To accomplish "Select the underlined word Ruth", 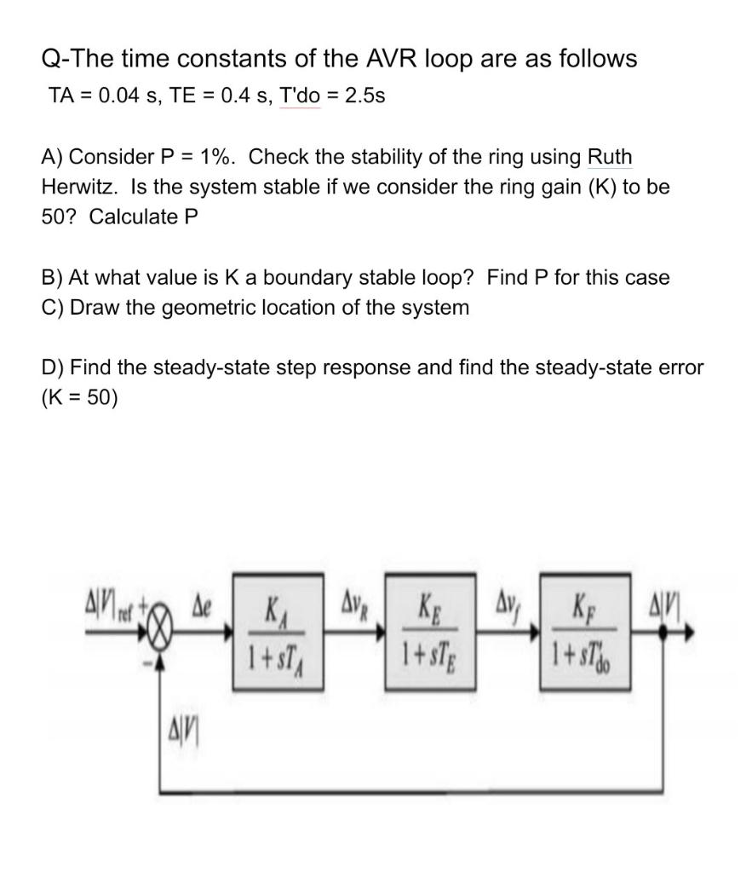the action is click(x=610, y=158).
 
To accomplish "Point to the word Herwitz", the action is click(x=79, y=187).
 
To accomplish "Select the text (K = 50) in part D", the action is click(x=79, y=398).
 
